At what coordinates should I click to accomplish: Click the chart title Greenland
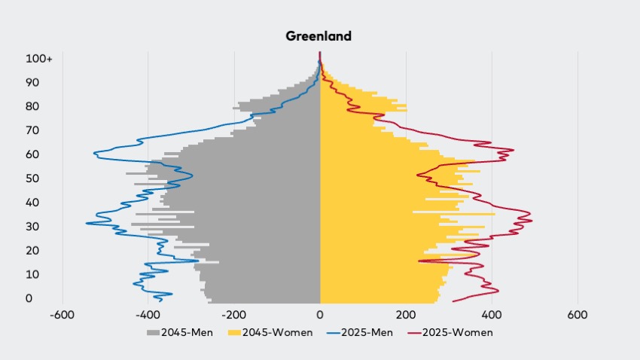318,36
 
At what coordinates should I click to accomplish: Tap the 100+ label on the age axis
39,59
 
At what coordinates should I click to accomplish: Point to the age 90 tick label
32,82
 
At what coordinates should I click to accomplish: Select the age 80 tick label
32,106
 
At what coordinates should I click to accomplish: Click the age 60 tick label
32,154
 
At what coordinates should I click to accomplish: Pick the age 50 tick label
32,178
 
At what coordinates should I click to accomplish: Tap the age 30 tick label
32,227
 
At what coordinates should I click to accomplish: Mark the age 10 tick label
32,274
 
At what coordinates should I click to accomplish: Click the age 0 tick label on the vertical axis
29,298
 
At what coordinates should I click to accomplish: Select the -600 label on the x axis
62,315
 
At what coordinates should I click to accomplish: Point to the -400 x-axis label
148,315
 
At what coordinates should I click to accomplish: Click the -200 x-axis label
234,315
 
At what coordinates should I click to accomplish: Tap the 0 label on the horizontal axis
320,315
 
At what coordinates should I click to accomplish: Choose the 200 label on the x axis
406,315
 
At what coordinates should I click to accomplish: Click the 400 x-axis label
492,315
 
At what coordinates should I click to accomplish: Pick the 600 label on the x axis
578,315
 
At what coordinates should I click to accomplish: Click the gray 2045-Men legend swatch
153,333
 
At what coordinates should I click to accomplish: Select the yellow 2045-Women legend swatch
234,333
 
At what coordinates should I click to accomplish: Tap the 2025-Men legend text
367,333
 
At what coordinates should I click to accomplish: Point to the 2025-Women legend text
458,333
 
